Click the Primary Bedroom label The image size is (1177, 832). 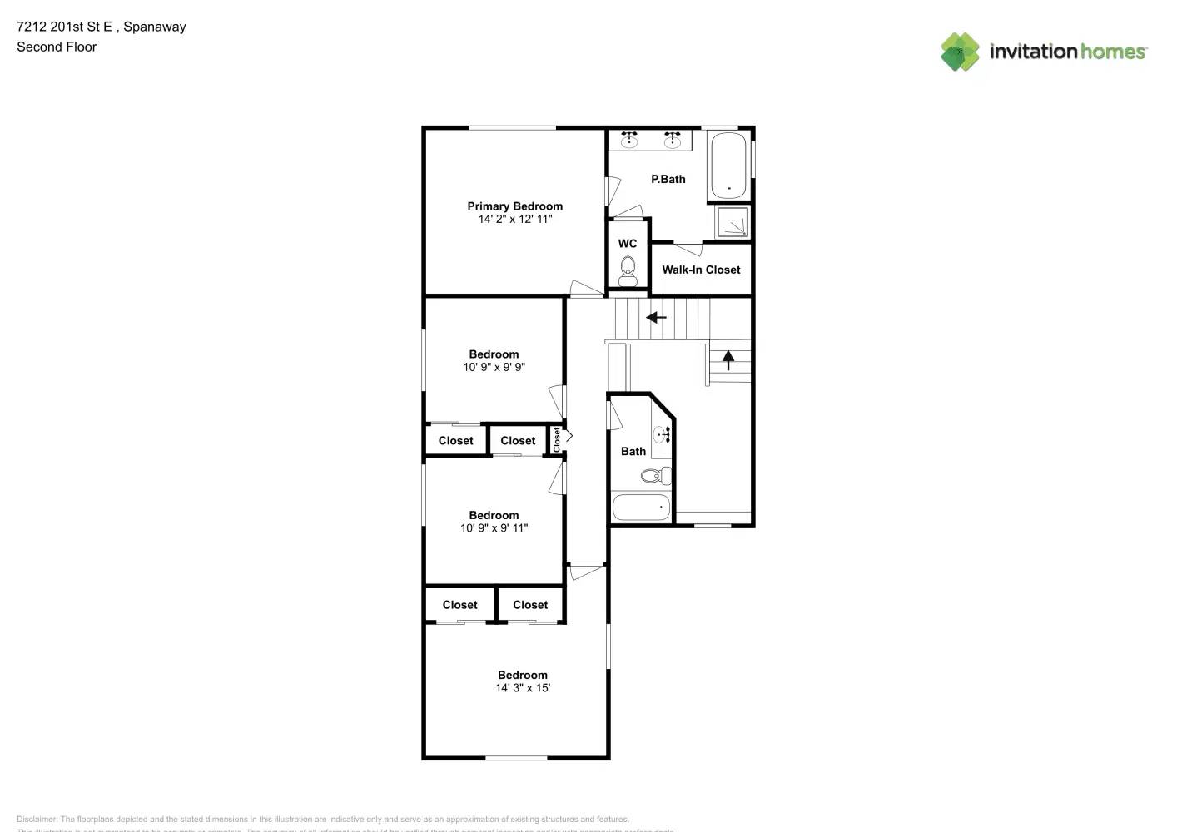click(514, 206)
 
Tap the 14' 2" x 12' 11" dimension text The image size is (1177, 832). click(514, 220)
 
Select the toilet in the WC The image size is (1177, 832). click(628, 270)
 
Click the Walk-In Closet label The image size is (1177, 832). click(701, 270)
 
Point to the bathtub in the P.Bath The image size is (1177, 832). click(728, 165)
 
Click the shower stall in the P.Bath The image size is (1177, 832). click(733, 221)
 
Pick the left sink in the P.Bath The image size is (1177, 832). click(630, 140)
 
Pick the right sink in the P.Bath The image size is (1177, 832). click(673, 140)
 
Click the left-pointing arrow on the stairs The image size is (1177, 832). click(657, 317)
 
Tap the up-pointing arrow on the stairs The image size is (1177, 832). click(728, 359)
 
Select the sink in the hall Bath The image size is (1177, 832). click(663, 434)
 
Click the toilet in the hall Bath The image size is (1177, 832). click(656, 476)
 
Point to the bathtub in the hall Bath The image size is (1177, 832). click(641, 507)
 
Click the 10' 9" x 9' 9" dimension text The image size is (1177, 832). click(494, 367)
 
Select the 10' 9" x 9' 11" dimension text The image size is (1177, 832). click(494, 528)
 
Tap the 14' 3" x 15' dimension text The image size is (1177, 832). click(523, 688)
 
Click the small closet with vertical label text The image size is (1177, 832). click(557, 440)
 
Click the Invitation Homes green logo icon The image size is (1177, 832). click(960, 52)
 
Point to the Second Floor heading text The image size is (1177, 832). click(57, 47)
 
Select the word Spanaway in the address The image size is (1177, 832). click(155, 27)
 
